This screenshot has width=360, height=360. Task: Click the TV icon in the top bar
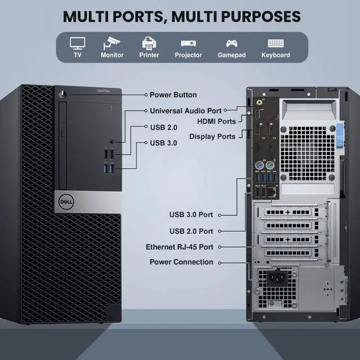tap(78, 43)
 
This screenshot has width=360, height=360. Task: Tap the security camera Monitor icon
tap(112, 43)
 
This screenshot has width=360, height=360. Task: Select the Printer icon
tap(149, 43)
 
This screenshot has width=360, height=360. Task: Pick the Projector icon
tap(188, 43)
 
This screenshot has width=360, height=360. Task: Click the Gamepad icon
tap(231, 43)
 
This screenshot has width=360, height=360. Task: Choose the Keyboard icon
tap(276, 43)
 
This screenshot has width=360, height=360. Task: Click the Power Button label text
tap(173, 95)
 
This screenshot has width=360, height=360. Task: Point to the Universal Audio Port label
tap(186, 111)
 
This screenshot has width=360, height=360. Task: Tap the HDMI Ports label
tap(217, 121)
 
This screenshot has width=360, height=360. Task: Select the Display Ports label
tap(212, 136)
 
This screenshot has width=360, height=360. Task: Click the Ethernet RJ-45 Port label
tap(179, 247)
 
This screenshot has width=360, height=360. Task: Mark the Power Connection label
tap(181, 262)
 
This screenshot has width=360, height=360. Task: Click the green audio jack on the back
tap(259, 103)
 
